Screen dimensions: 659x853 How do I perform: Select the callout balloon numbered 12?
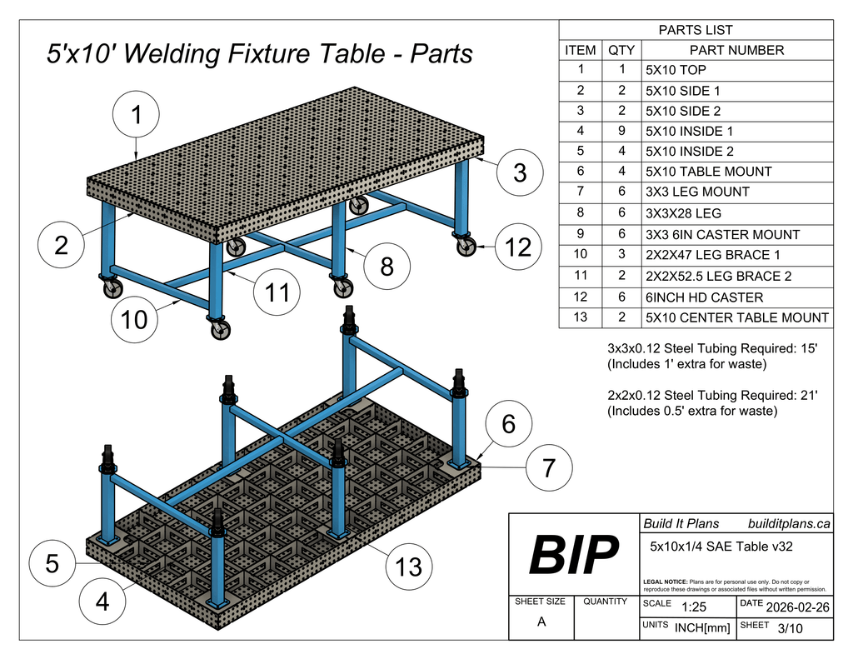pyautogui.click(x=518, y=247)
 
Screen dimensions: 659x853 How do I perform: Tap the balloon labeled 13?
pyautogui.click(x=408, y=567)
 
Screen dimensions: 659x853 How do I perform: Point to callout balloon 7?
pyautogui.click(x=548, y=468)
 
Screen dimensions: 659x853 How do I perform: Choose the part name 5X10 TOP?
pyautogui.click(x=676, y=70)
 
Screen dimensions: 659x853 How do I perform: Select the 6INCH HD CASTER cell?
pyautogui.click(x=704, y=297)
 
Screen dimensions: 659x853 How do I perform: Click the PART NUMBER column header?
pyautogui.click(x=736, y=50)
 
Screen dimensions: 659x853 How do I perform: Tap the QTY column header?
pyautogui.click(x=621, y=50)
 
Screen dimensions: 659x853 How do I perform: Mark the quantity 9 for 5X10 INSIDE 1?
pyautogui.click(x=621, y=131)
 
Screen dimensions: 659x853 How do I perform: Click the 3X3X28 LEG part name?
pyautogui.click(x=683, y=212)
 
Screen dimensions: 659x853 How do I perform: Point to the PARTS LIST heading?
pyautogui.click(x=696, y=30)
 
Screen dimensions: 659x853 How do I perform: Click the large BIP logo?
pyautogui.click(x=574, y=554)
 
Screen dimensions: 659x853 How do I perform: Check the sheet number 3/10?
pyautogui.click(x=789, y=628)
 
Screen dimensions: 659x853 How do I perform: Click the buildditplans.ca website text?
pyautogui.click(x=789, y=524)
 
